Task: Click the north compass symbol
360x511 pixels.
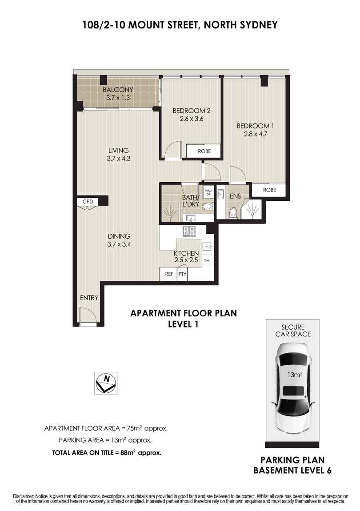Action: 106,383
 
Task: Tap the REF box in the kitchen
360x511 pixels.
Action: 168,274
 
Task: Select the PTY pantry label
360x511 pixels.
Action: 182,274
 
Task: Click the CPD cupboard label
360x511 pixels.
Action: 88,201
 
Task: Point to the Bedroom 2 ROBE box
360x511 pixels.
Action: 204,151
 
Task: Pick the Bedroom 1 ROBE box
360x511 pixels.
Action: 269,190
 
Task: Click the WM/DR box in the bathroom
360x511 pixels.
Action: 208,192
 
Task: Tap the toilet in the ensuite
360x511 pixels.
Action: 233,213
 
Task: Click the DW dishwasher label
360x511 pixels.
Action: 206,260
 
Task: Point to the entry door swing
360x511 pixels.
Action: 88,315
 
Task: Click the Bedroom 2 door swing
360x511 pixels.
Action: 173,149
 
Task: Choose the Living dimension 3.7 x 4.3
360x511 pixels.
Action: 118,159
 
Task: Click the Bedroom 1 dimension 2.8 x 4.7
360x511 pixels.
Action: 255,134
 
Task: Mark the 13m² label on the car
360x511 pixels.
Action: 294,375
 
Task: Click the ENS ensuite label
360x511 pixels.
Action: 235,196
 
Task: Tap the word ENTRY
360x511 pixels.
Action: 89,298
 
